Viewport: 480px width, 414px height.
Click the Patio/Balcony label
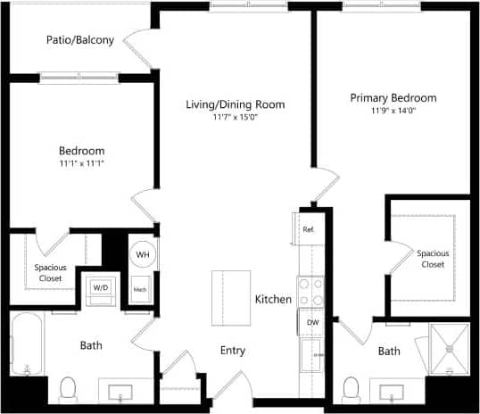(80, 40)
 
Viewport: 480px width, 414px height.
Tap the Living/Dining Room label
(235, 104)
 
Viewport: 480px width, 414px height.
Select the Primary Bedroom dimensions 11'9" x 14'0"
(393, 111)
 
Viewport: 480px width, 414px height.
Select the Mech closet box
(140, 289)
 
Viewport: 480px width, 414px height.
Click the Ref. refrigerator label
(310, 229)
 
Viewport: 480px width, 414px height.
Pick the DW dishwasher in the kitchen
(312, 322)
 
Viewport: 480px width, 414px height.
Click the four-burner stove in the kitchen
(311, 292)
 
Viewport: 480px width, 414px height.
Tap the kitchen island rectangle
(228, 298)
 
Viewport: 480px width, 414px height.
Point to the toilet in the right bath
(351, 388)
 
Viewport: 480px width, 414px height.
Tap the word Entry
(232, 351)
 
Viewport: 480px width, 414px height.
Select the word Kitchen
(273, 299)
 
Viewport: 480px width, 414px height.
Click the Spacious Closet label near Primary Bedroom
(433, 258)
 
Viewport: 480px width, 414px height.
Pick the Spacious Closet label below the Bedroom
(49, 272)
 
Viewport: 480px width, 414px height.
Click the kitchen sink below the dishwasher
(311, 352)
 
